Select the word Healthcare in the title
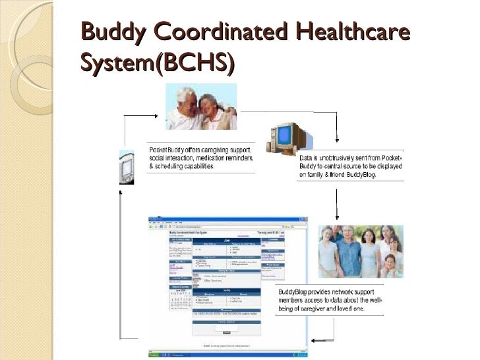click(x=355, y=32)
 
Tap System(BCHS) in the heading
click(x=156, y=63)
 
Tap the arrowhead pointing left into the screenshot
click(x=314, y=340)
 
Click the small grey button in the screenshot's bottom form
click(x=226, y=332)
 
